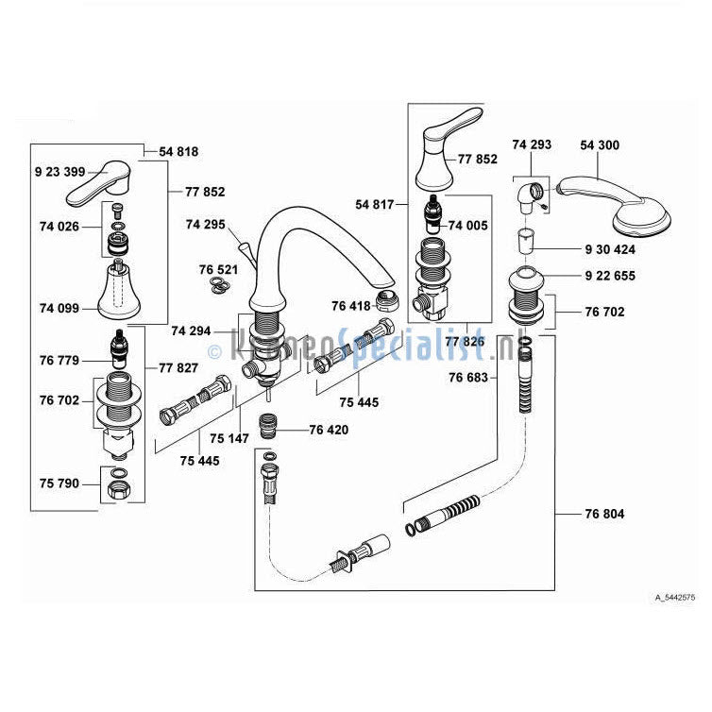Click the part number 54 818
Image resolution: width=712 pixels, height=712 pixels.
click(x=178, y=152)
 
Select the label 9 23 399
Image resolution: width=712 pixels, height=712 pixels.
click(x=59, y=172)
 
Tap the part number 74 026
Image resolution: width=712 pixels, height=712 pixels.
click(x=59, y=226)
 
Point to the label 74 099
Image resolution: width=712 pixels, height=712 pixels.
click(x=59, y=308)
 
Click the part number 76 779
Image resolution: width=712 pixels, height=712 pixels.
click(x=59, y=360)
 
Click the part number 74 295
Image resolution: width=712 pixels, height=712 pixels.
click(x=205, y=225)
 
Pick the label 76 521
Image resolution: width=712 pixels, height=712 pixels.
click(x=218, y=269)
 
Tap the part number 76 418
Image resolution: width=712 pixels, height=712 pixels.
click(x=350, y=305)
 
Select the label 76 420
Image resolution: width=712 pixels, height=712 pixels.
click(x=329, y=430)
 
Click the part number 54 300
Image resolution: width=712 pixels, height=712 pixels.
click(x=599, y=144)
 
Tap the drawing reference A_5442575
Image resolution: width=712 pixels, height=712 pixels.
click(x=674, y=597)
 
